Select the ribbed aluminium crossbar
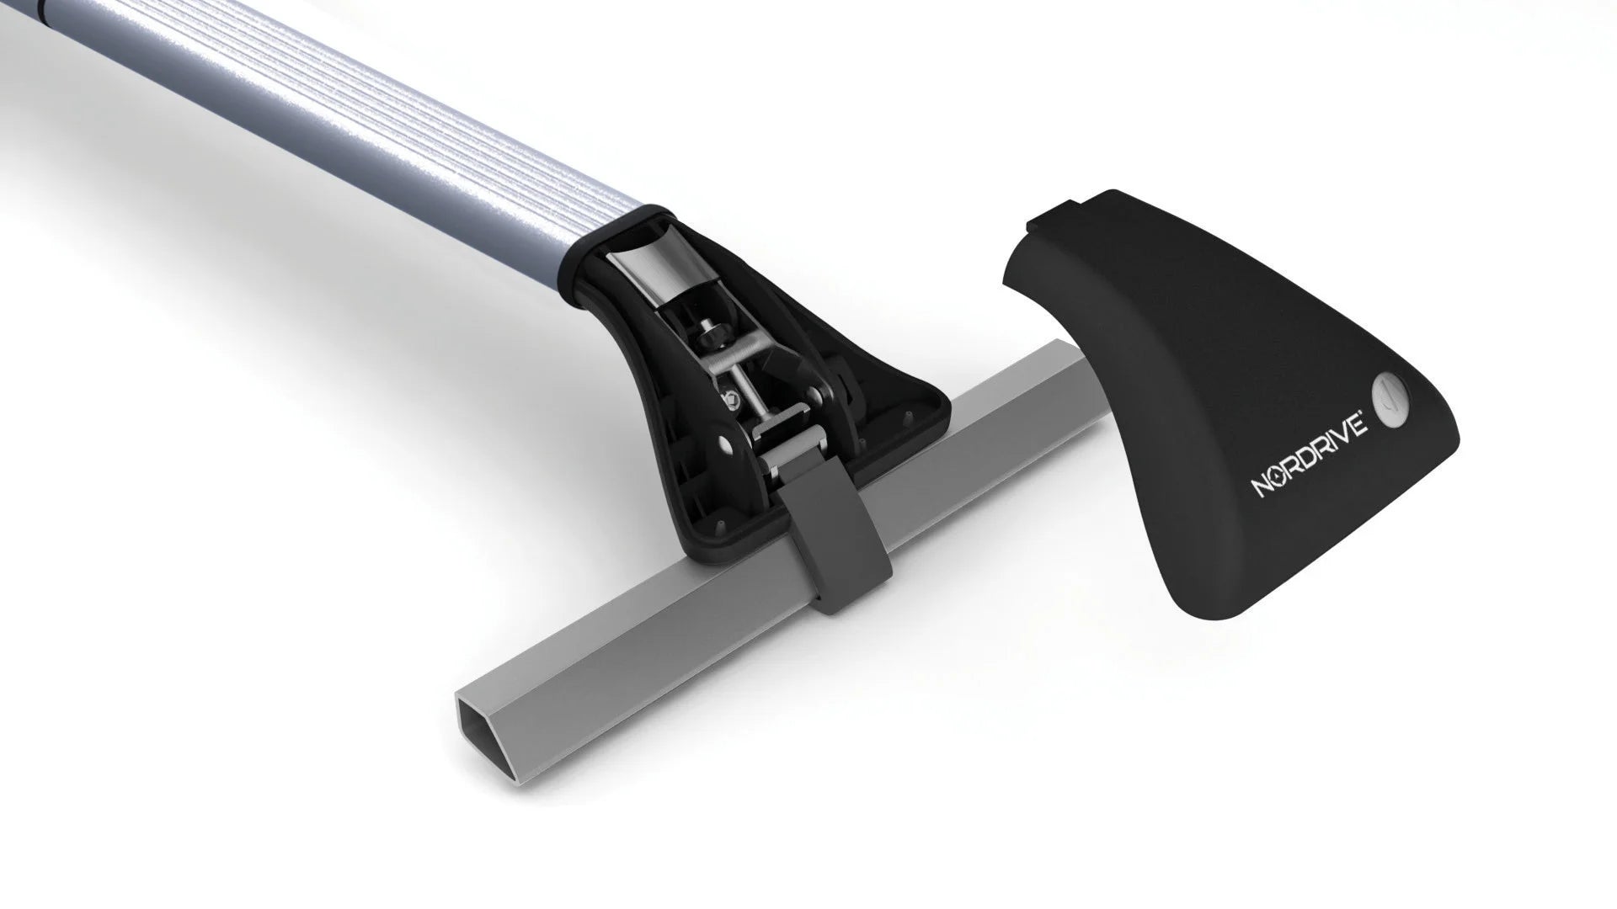tap(337, 109)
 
